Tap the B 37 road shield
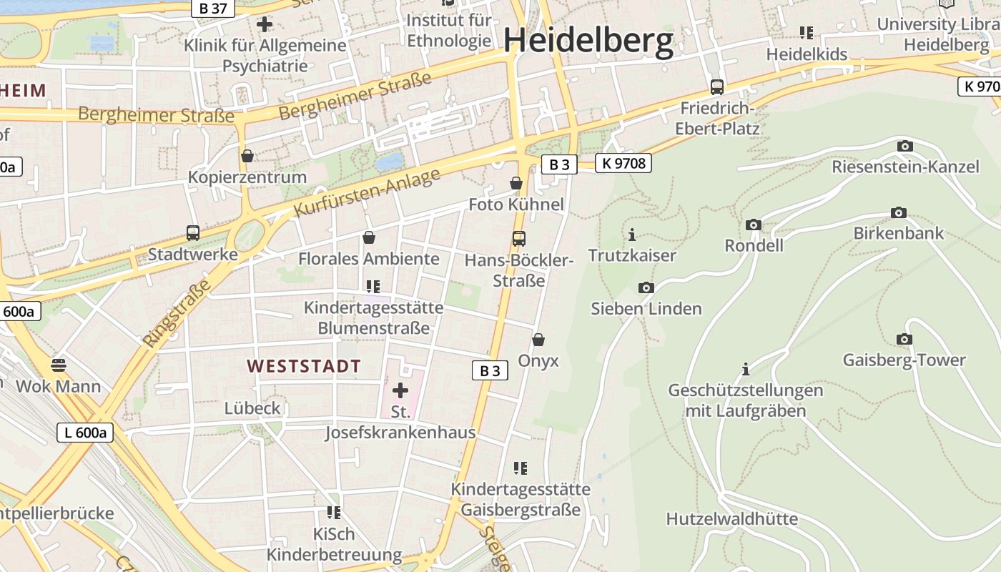(213, 8)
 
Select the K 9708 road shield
(623, 163)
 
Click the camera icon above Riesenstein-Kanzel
(904, 147)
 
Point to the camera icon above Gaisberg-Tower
(904, 340)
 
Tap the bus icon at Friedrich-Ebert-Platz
(716, 87)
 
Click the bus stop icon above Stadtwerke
(192, 233)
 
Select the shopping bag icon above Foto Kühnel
(516, 184)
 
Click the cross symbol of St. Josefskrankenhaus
(400, 390)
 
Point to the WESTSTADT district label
(304, 366)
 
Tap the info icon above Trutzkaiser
(631, 235)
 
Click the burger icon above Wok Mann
(59, 365)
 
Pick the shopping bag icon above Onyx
(538, 340)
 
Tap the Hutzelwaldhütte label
(731, 518)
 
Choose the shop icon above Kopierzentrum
(247, 156)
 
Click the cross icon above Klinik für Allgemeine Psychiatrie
(265, 24)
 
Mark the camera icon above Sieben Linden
(646, 288)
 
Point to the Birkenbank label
(898, 233)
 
